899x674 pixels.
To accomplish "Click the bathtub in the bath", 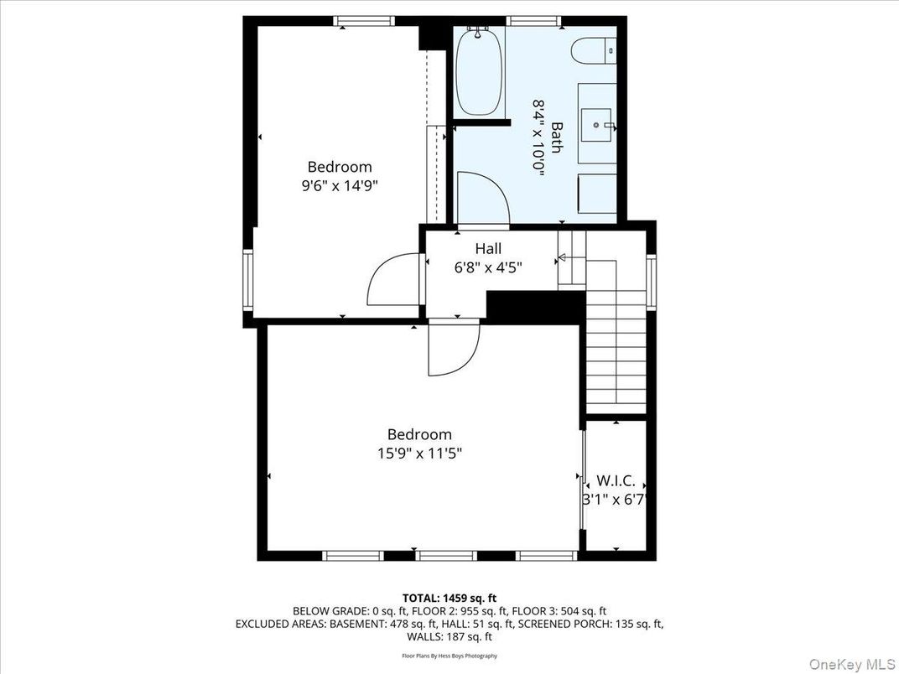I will tap(479, 72).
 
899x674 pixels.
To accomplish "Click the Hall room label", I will tap(488, 249).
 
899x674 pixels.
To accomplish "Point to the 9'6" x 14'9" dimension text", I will tap(340, 186).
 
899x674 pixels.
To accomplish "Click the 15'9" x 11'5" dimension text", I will tap(419, 454).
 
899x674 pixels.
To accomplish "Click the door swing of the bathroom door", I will tap(483, 197).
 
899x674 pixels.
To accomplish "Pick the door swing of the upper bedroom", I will tap(392, 281).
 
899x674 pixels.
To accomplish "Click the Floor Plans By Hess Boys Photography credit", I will tap(449, 656).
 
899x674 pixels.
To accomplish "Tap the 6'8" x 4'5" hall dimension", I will tap(487, 267).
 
